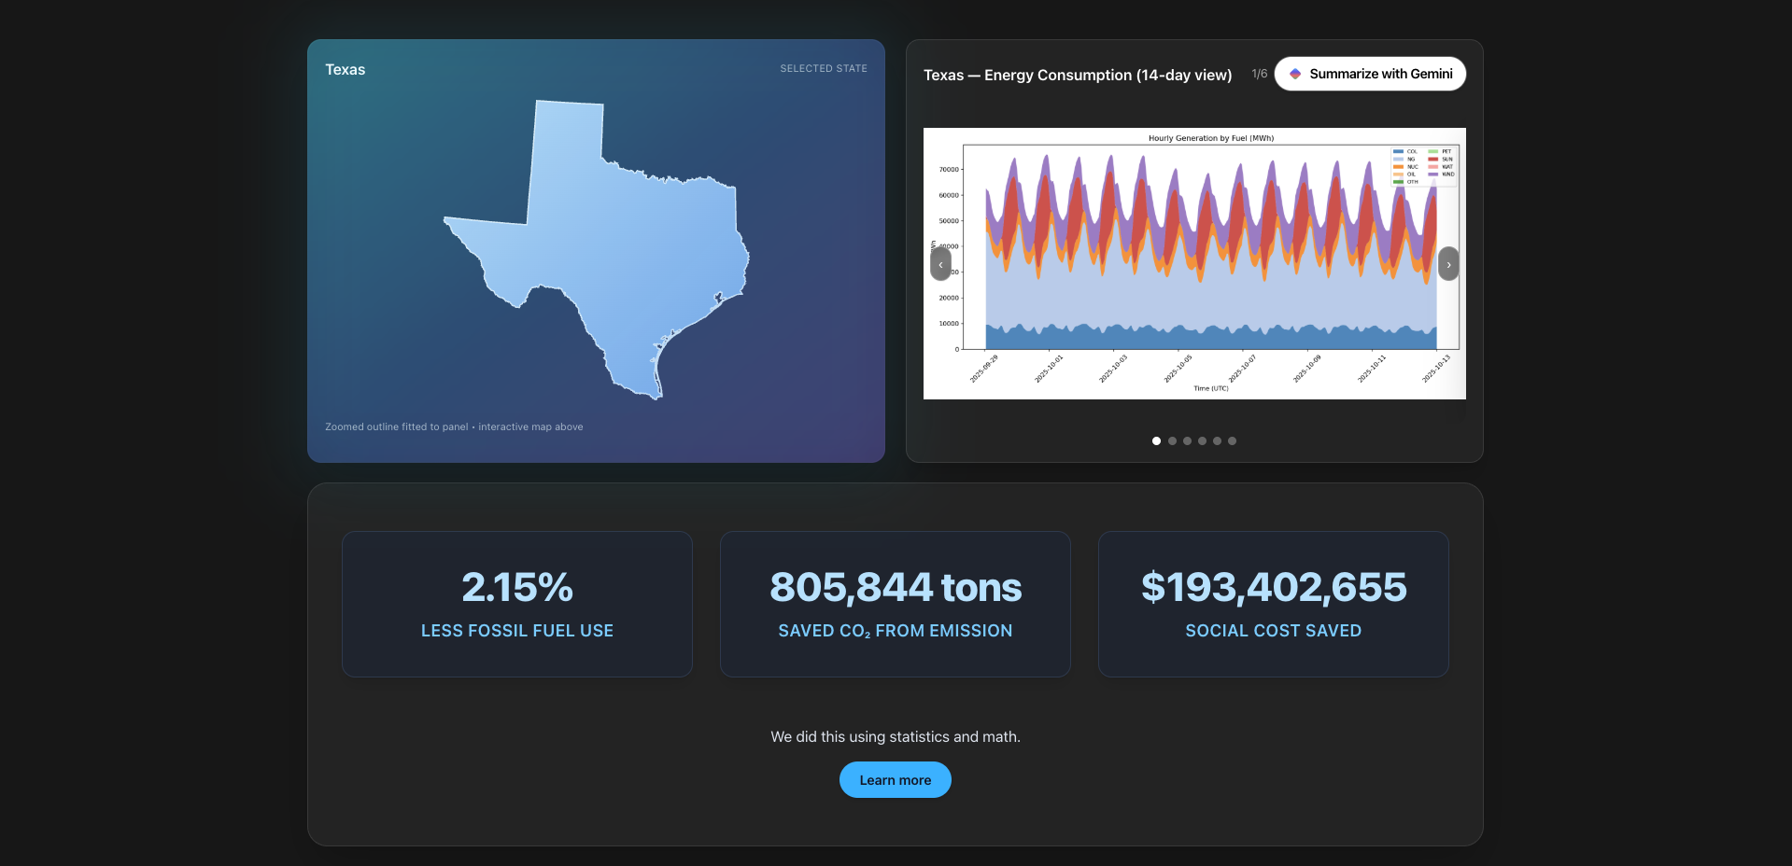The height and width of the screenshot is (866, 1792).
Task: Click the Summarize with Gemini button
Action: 1370,74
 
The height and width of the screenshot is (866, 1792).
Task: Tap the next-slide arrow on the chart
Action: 1447,264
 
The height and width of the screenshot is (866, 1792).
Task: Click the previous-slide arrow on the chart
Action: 940,264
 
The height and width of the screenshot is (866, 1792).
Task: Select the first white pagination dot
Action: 1156,440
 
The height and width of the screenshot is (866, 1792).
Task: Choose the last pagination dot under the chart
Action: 1232,440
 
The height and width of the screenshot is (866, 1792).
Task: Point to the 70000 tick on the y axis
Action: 949,170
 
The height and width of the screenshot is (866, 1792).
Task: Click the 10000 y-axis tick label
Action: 949,324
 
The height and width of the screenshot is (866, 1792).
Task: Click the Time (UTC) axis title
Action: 1210,388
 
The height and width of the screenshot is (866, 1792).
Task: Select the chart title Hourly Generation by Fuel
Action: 1210,138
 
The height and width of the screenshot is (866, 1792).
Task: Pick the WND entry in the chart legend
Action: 1447,175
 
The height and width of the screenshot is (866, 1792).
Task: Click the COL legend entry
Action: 1411,151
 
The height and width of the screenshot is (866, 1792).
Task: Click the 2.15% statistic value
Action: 517,587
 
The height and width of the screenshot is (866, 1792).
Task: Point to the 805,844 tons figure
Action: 895,587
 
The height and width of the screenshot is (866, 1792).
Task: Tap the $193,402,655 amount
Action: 1273,587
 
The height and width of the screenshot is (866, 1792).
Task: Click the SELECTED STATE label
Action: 823,69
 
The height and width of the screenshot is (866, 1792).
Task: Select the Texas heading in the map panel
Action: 345,70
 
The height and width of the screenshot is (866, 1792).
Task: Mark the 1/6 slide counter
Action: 1259,74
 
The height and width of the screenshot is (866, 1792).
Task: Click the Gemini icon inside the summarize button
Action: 1295,74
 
